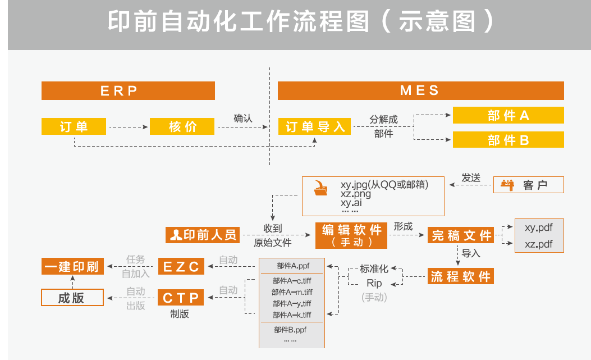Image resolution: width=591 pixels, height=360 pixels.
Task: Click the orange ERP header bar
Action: pos(128,90)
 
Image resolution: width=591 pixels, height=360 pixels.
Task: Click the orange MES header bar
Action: pos(420,90)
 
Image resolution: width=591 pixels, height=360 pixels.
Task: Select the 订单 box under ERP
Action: pos(74,126)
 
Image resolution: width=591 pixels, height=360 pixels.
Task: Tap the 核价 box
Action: pos(182,126)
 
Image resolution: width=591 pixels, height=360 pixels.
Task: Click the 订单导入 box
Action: pos(315,126)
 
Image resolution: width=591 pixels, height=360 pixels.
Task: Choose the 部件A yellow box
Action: pos(508,116)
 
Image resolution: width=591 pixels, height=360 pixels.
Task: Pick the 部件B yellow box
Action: pos(508,140)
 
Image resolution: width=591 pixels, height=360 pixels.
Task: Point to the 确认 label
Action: pos(243,119)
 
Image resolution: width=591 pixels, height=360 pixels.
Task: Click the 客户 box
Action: pos(528,185)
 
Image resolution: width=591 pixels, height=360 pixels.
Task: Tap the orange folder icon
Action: pos(321,189)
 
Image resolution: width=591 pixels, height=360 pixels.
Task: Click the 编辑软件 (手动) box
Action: pos(351,235)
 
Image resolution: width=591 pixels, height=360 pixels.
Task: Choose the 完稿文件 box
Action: pos(460,235)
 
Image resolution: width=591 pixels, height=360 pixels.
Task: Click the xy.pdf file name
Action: pos(538,227)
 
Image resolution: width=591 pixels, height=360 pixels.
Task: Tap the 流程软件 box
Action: pos(461,276)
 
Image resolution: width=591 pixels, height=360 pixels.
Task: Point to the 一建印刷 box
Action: pos(73,266)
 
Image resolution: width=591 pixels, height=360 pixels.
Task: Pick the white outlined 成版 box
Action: pos(73,297)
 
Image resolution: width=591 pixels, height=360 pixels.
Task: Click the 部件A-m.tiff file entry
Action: pos(291,292)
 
